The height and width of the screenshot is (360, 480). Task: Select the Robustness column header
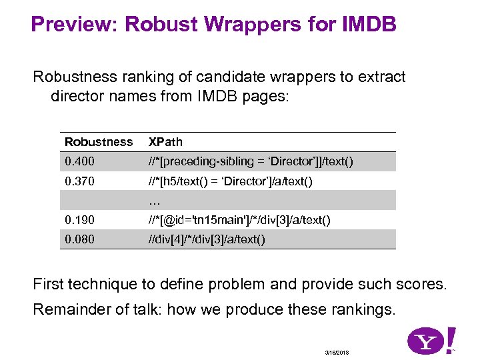[99, 142]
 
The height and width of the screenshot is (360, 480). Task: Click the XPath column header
[165, 142]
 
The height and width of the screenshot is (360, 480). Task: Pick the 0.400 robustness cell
[79, 162]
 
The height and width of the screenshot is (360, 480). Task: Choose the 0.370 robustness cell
[79, 181]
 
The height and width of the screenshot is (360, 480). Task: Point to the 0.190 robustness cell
[79, 220]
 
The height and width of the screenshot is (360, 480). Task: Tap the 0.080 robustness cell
[79, 239]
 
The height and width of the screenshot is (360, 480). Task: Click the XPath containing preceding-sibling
[251, 162]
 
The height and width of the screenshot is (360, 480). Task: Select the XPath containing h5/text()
[230, 181]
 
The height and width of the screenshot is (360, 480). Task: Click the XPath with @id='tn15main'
[239, 220]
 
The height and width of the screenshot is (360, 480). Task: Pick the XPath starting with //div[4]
[207, 239]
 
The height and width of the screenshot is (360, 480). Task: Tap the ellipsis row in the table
[155, 201]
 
